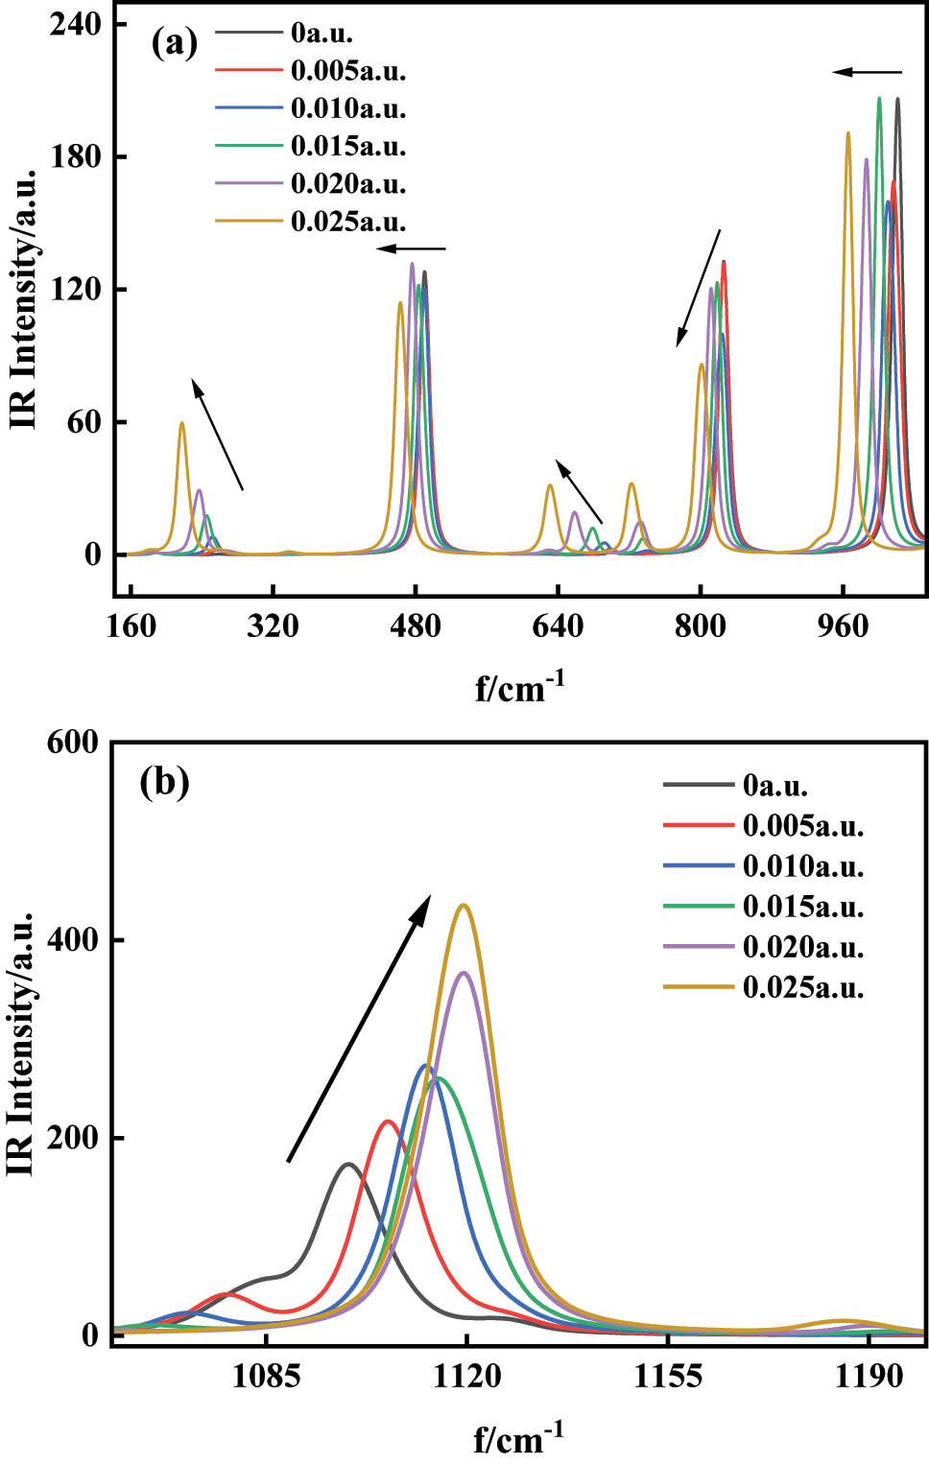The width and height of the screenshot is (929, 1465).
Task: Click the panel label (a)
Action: click(174, 43)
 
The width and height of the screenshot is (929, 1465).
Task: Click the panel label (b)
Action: click(164, 781)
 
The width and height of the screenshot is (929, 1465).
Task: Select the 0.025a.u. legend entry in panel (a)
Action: click(347, 222)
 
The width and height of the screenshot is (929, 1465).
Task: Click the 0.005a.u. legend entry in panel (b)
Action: click(802, 826)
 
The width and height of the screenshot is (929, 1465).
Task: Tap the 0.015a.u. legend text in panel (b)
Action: click(802, 907)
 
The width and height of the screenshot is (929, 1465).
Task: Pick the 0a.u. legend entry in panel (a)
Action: click(322, 34)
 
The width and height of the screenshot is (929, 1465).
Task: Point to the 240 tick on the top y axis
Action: click(76, 24)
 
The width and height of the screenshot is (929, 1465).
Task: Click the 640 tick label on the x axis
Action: click(558, 626)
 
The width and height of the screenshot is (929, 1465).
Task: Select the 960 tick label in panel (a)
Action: click(842, 626)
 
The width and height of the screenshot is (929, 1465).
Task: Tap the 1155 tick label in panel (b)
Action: click(668, 1376)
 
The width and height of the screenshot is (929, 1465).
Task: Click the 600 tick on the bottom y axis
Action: click(73, 742)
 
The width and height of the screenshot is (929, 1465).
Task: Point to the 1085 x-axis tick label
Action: click(267, 1376)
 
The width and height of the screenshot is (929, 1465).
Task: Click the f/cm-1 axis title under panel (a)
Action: click(519, 687)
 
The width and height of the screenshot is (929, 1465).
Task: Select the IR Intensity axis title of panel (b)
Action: click(21, 1043)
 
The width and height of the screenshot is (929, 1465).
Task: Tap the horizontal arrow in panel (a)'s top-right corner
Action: click(867, 72)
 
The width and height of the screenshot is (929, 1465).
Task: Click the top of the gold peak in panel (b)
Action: click(464, 905)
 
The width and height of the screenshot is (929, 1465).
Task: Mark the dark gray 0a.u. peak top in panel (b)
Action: click(348, 1164)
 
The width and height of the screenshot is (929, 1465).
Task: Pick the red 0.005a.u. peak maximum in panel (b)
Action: click(388, 1121)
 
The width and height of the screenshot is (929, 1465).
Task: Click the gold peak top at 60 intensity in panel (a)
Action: click(181, 423)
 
